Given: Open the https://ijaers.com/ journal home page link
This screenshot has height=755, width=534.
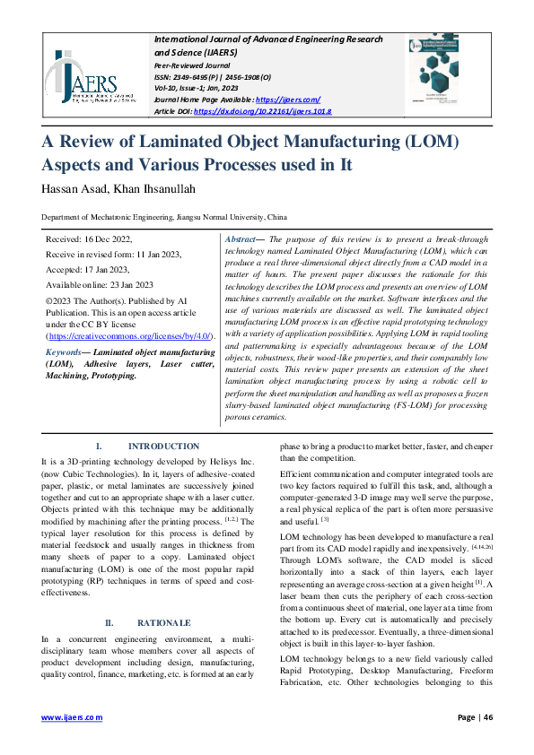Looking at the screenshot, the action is tap(288, 100).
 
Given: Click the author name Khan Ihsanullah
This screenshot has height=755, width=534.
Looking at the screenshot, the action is tap(168, 187).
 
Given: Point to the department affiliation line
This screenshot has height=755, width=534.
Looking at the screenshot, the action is tap(164, 218).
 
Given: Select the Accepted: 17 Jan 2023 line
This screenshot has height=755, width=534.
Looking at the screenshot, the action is tap(88, 269).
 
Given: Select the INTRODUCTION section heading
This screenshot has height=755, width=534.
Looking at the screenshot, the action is tap(163, 446).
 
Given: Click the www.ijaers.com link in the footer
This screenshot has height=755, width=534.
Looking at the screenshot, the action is tap(73, 717).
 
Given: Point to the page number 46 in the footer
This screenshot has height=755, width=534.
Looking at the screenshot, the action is tap(488, 717).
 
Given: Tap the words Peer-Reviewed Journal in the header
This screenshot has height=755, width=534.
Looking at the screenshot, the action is tap(192, 66).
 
